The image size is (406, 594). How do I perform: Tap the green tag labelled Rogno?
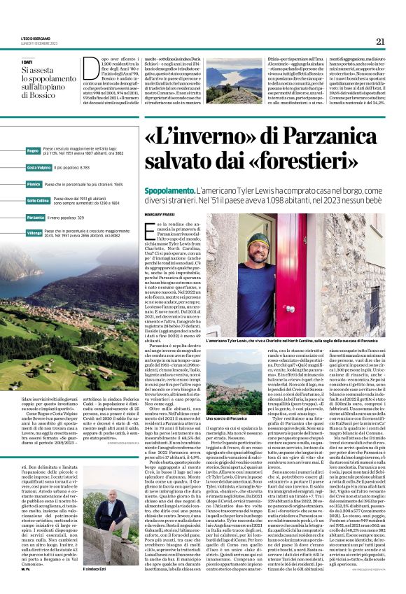coord(33,150)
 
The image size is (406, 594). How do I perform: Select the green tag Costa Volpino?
coord(38,168)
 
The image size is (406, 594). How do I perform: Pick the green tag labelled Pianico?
coord(33,184)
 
